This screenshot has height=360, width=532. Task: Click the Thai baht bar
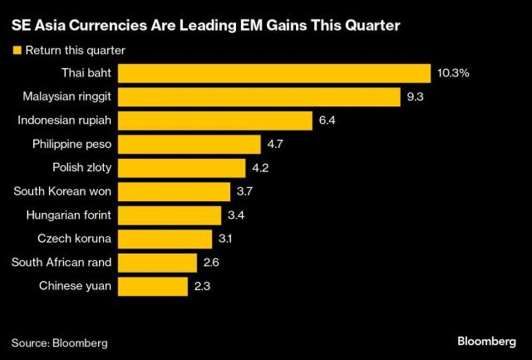(274, 73)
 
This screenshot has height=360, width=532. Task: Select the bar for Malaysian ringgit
(260, 97)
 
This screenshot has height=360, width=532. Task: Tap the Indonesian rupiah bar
(215, 120)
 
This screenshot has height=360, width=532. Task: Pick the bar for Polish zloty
(182, 167)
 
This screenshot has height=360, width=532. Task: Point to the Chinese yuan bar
(153, 285)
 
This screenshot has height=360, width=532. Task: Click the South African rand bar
(158, 262)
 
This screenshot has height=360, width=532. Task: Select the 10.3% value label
(453, 73)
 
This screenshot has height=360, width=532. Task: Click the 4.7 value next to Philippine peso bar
(275, 144)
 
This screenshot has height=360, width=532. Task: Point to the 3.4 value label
(236, 215)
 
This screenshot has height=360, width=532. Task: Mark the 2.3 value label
(202, 285)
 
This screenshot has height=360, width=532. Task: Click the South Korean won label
(62, 191)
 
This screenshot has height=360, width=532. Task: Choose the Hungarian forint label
(68, 215)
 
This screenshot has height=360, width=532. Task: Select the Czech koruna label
(74, 238)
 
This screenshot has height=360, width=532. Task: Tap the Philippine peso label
(71, 144)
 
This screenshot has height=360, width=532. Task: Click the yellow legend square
(16, 50)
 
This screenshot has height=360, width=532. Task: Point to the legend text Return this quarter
(75, 50)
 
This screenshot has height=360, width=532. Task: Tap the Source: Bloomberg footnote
(59, 343)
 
